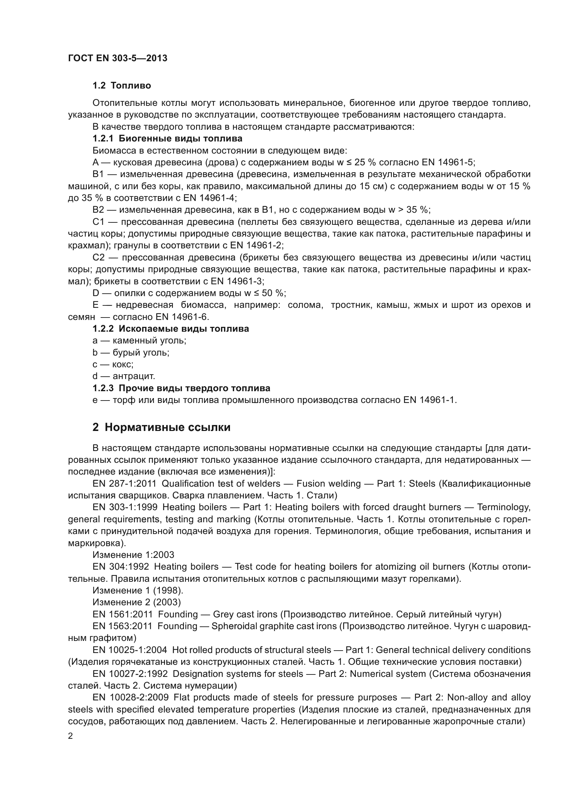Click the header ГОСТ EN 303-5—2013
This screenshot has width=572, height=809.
118,58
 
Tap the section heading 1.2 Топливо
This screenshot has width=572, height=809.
121,86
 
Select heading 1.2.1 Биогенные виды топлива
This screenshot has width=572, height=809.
167,138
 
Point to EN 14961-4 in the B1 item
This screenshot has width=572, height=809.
210,198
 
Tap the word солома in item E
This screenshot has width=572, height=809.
305,305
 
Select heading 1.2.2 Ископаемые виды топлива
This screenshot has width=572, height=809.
170,329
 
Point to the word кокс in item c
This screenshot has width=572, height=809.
122,364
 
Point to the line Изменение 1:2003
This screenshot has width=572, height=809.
133,555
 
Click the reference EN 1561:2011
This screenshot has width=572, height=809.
122,615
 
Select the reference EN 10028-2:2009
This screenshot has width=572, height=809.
131,697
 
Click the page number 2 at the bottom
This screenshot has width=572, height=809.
71,736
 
